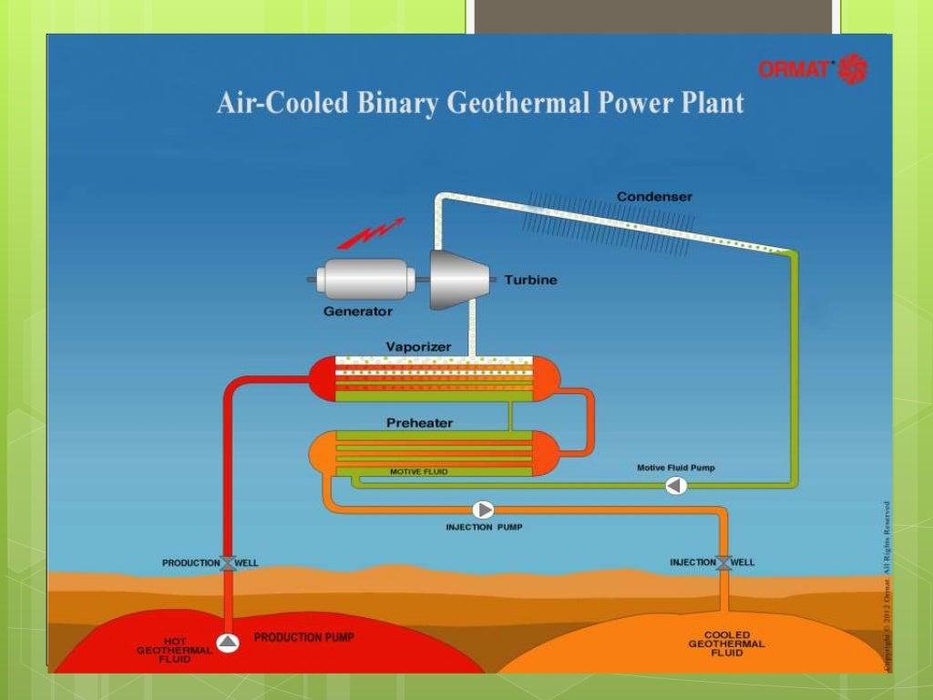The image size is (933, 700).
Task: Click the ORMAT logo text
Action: pyautogui.click(x=796, y=68)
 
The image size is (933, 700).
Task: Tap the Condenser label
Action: pyautogui.click(x=654, y=196)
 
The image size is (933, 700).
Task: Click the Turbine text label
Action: pyautogui.click(x=530, y=280)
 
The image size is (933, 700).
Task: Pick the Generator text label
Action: pyautogui.click(x=358, y=312)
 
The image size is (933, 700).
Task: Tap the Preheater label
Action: pyautogui.click(x=419, y=423)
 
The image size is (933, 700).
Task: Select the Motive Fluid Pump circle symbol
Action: pyautogui.click(x=676, y=486)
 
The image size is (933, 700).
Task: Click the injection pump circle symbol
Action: pyautogui.click(x=483, y=510)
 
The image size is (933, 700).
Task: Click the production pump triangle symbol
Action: pyautogui.click(x=228, y=643)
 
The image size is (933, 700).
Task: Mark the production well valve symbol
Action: pyautogui.click(x=228, y=563)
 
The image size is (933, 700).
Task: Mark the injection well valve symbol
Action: pyautogui.click(x=723, y=562)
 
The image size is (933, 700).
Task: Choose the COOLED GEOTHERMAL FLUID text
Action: pyautogui.click(x=726, y=643)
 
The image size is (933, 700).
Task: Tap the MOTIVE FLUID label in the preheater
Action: pyautogui.click(x=418, y=472)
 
